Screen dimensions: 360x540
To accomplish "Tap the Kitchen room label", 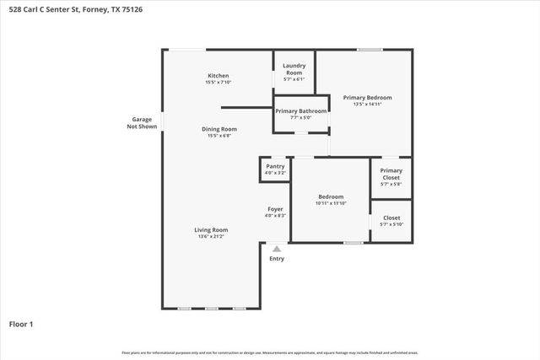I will (218, 76).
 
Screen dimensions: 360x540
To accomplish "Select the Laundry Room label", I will (294, 69).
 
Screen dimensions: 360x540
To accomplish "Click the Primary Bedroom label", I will (367, 98).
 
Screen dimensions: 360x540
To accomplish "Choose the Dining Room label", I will (219, 129).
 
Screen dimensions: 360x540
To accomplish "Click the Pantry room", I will (275, 169).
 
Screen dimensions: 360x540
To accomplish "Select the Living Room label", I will (211, 229).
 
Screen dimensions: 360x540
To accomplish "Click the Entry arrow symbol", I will (276, 248).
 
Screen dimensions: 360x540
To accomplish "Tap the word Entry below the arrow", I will (277, 259).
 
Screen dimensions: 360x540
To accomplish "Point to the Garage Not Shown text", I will (141, 123).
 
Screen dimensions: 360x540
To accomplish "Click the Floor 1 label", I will (20, 324).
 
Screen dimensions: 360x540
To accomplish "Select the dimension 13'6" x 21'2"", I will (211, 237).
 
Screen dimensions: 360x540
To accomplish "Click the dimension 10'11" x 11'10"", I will (331, 203).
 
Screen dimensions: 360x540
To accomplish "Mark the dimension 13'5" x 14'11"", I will (367, 105).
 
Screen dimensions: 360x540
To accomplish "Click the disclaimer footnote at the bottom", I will (269, 352).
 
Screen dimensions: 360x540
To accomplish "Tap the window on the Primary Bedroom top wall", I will (369, 50).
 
